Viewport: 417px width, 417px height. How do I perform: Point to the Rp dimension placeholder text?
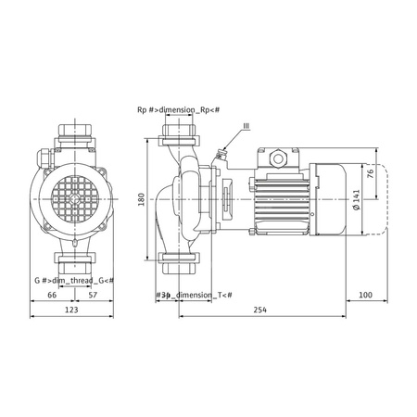(179, 110)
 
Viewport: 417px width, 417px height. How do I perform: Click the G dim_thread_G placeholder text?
(73, 280)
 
